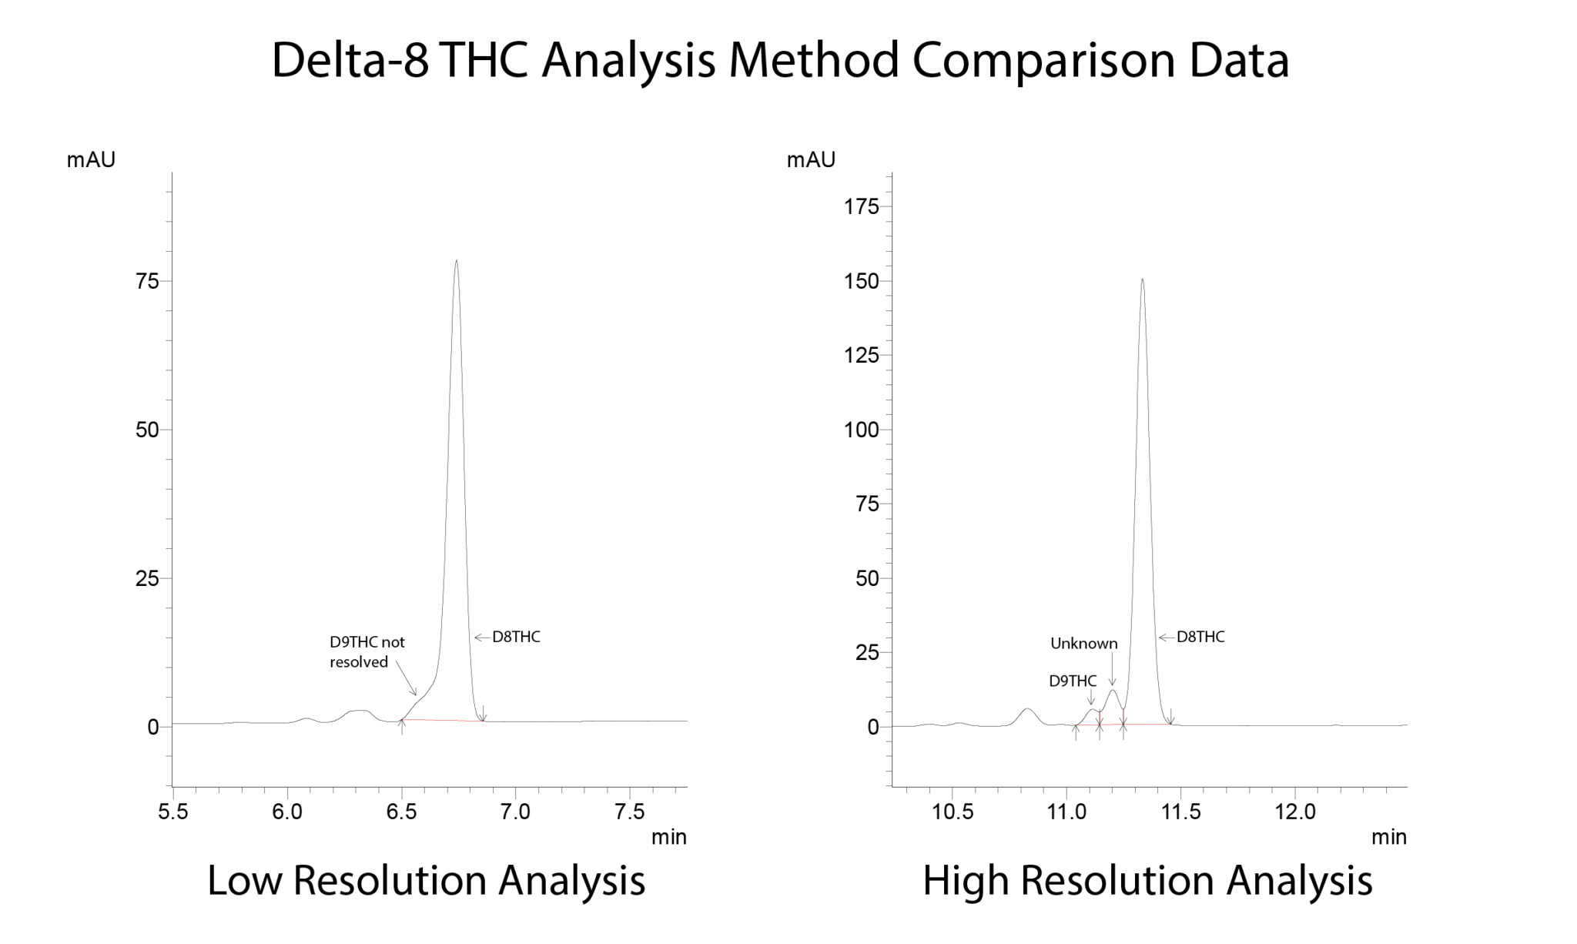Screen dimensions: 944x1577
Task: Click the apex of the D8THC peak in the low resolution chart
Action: [x=457, y=261]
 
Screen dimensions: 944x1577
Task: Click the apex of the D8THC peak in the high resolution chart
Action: [x=1142, y=280]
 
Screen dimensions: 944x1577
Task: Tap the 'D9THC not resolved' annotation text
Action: [x=367, y=651]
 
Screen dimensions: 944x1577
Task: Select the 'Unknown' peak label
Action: [x=1083, y=644]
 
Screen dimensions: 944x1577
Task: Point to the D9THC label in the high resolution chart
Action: [x=1073, y=681]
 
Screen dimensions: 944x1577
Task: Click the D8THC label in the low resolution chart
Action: [x=516, y=637]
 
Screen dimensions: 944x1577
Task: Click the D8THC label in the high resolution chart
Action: [x=1200, y=637]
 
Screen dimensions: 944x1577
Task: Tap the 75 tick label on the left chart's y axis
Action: [x=147, y=281]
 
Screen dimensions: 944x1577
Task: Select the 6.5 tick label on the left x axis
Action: [x=401, y=812]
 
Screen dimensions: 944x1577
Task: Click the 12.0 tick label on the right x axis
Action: [x=1295, y=812]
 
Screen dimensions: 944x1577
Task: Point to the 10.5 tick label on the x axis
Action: [x=953, y=812]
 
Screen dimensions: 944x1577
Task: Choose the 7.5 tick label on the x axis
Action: [x=630, y=812]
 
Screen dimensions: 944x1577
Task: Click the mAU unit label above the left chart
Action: [x=91, y=159]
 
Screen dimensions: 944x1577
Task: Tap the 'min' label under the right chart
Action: [x=1389, y=837]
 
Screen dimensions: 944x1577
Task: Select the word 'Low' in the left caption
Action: [x=243, y=880]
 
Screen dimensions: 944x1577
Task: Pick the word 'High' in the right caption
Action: [x=965, y=880]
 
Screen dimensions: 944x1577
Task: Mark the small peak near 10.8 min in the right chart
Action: [x=1027, y=709]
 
